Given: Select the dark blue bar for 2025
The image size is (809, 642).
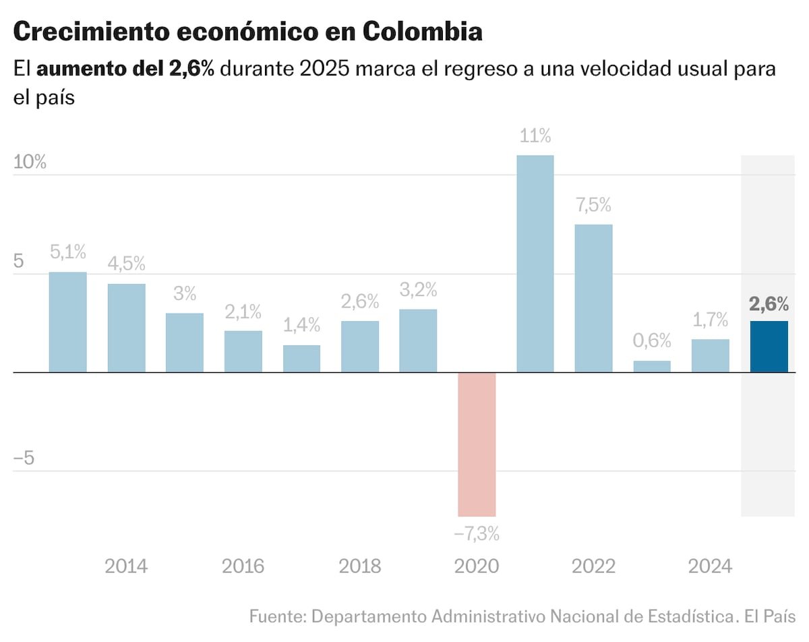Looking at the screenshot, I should (x=769, y=347).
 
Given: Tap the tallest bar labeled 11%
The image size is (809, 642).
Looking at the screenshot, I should (x=535, y=264).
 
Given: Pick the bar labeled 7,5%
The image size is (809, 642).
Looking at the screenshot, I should (x=593, y=298).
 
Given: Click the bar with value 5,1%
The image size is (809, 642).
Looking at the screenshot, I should (x=68, y=322).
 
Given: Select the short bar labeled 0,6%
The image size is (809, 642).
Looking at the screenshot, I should (x=652, y=366).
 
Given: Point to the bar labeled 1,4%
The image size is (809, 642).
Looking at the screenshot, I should (x=301, y=359).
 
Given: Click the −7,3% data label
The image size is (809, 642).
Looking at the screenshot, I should (x=477, y=535).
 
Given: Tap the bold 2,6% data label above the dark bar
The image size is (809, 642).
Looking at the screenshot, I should (x=769, y=304).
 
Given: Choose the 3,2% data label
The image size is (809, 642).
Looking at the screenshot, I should (x=418, y=291).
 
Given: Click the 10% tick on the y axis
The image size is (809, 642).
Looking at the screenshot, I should (x=30, y=163).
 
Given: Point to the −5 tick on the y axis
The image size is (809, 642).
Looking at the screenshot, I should (x=24, y=459).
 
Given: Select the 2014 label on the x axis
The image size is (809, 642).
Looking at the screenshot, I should (x=126, y=566).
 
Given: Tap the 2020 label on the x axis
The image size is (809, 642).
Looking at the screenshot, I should (x=477, y=566).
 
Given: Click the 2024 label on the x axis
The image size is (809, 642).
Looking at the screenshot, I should (x=710, y=566).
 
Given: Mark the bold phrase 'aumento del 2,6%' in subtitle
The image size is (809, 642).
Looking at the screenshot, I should (x=125, y=69).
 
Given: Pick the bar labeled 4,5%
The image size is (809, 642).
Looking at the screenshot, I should (x=126, y=328).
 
